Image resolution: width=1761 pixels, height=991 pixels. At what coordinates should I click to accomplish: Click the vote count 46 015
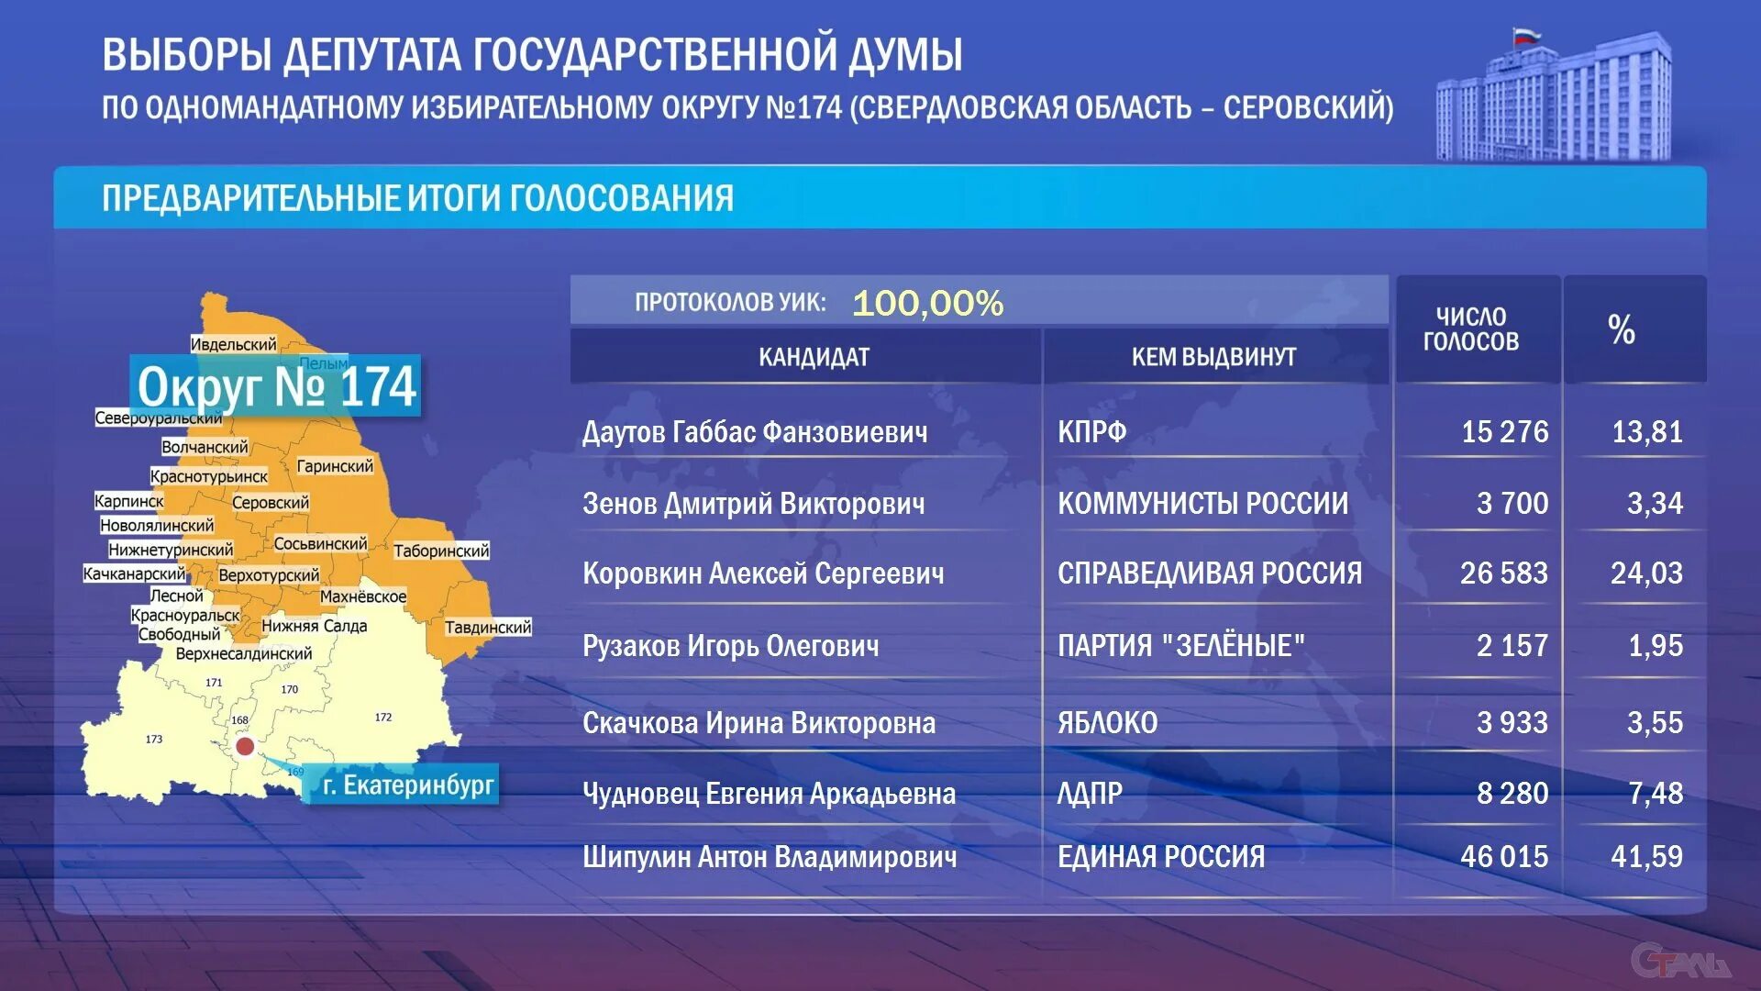point(1503,856)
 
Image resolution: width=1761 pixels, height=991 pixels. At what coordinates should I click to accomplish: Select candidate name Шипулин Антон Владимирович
point(769,856)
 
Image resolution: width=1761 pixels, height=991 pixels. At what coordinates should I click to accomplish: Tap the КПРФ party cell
point(1091,431)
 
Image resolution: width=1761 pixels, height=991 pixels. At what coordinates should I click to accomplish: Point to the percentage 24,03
point(1646,573)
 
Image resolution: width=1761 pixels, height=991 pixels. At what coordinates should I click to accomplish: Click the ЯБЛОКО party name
point(1107,723)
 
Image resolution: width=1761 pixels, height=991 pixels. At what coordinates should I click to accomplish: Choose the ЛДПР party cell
point(1090,793)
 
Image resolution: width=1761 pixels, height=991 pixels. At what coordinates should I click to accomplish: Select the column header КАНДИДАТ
point(814,357)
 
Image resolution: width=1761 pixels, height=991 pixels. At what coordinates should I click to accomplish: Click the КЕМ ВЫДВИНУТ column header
point(1213,357)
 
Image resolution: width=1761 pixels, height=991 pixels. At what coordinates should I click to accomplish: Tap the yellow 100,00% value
point(927,303)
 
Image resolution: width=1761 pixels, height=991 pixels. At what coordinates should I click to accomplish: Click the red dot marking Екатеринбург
point(245,746)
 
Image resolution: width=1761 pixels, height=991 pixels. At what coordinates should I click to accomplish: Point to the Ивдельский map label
point(233,344)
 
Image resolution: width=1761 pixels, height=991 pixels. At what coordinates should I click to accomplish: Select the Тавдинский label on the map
point(488,628)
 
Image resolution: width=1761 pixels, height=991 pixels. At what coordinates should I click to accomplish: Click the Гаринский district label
point(335,466)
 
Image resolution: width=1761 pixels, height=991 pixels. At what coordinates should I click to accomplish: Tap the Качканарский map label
point(134,573)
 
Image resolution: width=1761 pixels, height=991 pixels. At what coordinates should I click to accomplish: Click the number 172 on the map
point(383,717)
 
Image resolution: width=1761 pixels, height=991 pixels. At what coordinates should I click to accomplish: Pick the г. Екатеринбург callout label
point(407,785)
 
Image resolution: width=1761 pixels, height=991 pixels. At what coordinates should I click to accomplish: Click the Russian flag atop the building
point(1525,38)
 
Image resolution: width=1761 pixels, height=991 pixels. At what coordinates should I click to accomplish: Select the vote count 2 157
point(1512,646)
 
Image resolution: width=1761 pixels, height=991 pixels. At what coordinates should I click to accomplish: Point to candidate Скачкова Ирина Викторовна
point(759,723)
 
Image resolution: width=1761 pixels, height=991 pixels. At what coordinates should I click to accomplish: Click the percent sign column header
point(1621,329)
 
